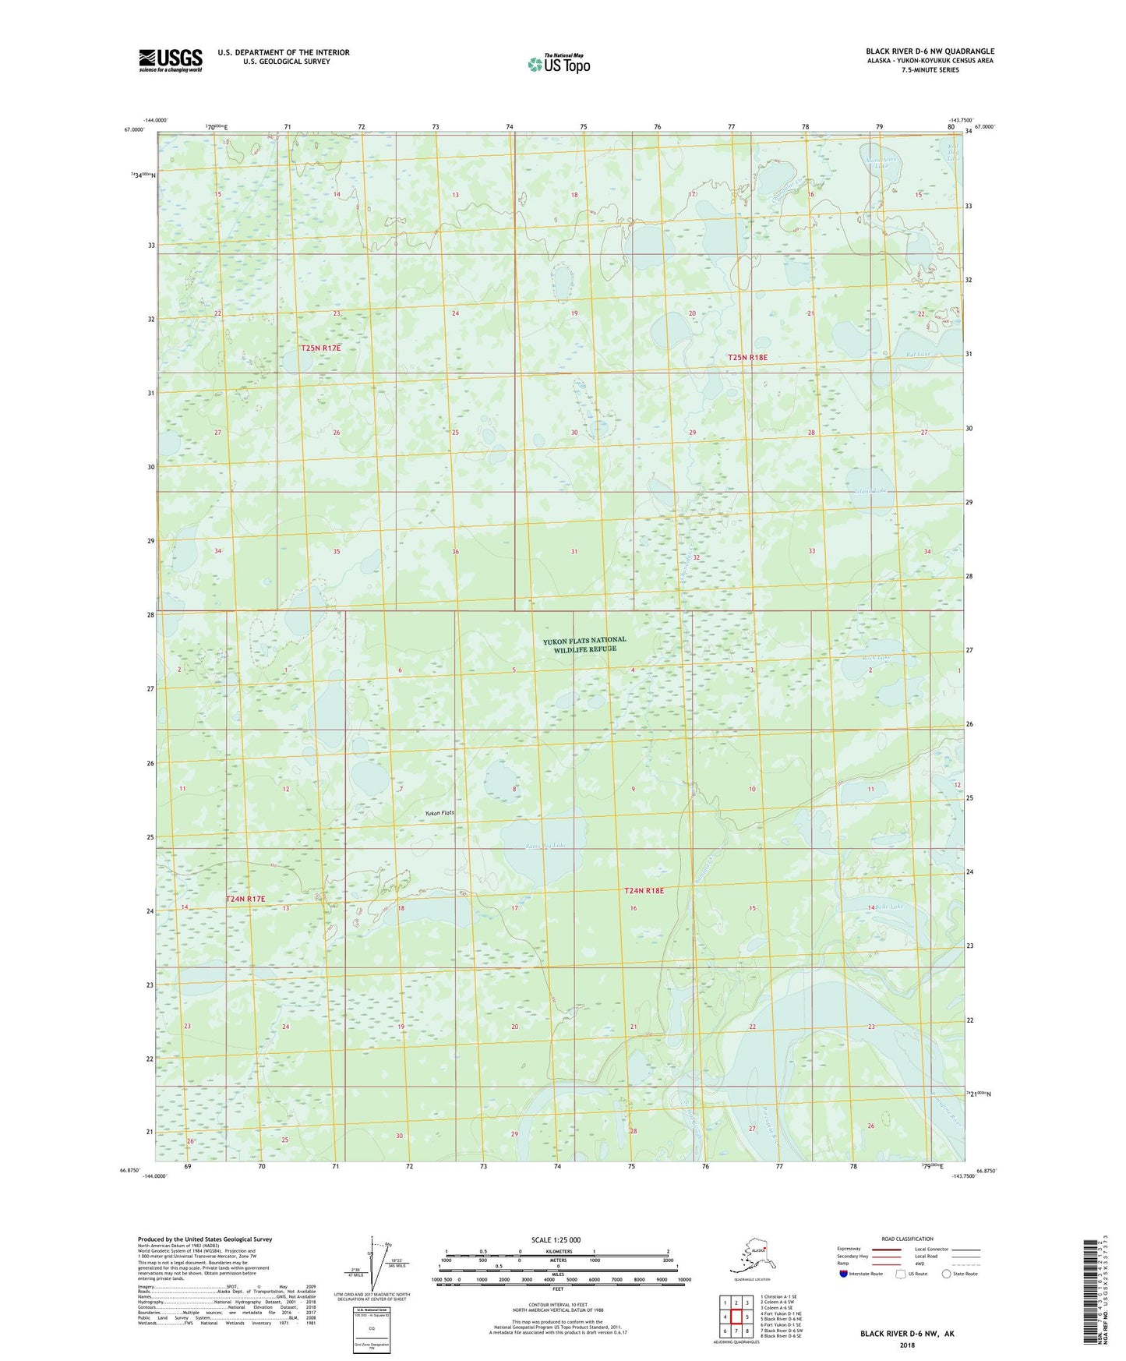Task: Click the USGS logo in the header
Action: click(171, 60)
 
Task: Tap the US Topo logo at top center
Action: click(559, 63)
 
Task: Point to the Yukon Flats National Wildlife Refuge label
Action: click(584, 644)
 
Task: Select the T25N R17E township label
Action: click(320, 348)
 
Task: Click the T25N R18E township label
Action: click(747, 357)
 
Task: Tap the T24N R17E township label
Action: click(245, 899)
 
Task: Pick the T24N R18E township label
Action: click(644, 890)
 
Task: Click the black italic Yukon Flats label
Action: click(439, 813)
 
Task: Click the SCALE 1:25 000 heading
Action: click(556, 1239)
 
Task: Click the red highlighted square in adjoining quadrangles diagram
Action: click(736, 1317)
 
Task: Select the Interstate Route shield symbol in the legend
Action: click(844, 1274)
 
